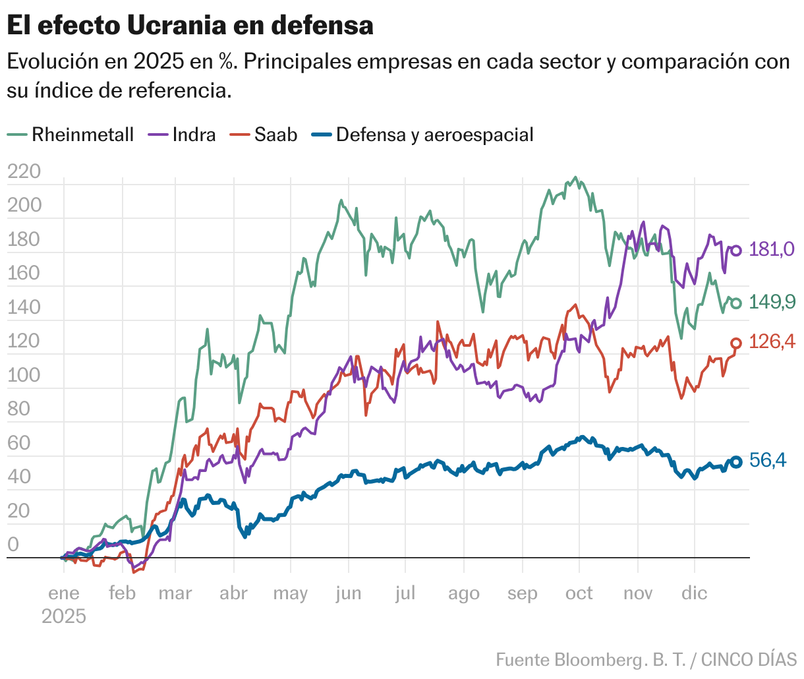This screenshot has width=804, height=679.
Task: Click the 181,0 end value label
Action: pyautogui.click(x=772, y=249)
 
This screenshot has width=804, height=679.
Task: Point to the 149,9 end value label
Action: pyautogui.click(x=772, y=303)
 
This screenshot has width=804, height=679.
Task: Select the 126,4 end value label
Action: pyautogui.click(x=772, y=341)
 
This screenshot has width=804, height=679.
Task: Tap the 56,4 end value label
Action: pyautogui.click(x=768, y=460)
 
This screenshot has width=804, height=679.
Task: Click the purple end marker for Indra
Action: pyautogui.click(x=736, y=251)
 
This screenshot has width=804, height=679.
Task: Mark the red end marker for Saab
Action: pyautogui.click(x=736, y=343)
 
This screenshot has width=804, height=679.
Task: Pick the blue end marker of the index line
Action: pyautogui.click(x=736, y=462)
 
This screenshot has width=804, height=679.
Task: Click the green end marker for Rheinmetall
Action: pyautogui.click(x=736, y=303)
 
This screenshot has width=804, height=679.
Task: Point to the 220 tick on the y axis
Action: pyautogui.click(x=24, y=171)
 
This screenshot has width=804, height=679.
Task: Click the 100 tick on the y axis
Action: pyautogui.click(x=24, y=375)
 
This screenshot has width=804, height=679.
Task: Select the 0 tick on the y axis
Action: pyautogui.click(x=13, y=545)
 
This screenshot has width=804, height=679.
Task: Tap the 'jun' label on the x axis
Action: pyautogui.click(x=348, y=593)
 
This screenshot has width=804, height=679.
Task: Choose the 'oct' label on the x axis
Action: pyautogui.click(x=579, y=593)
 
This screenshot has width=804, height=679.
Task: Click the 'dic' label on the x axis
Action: pyautogui.click(x=694, y=593)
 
